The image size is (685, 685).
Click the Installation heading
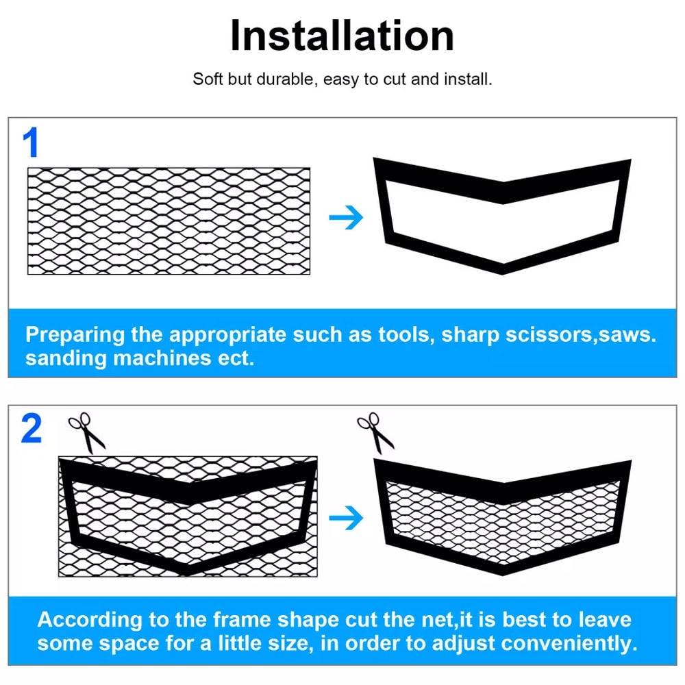pos(342,36)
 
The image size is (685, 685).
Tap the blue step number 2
pos(32,429)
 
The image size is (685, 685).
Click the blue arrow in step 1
pos(346,219)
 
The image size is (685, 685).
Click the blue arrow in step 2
pos(346,519)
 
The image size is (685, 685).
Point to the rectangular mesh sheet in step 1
pos(169,221)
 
